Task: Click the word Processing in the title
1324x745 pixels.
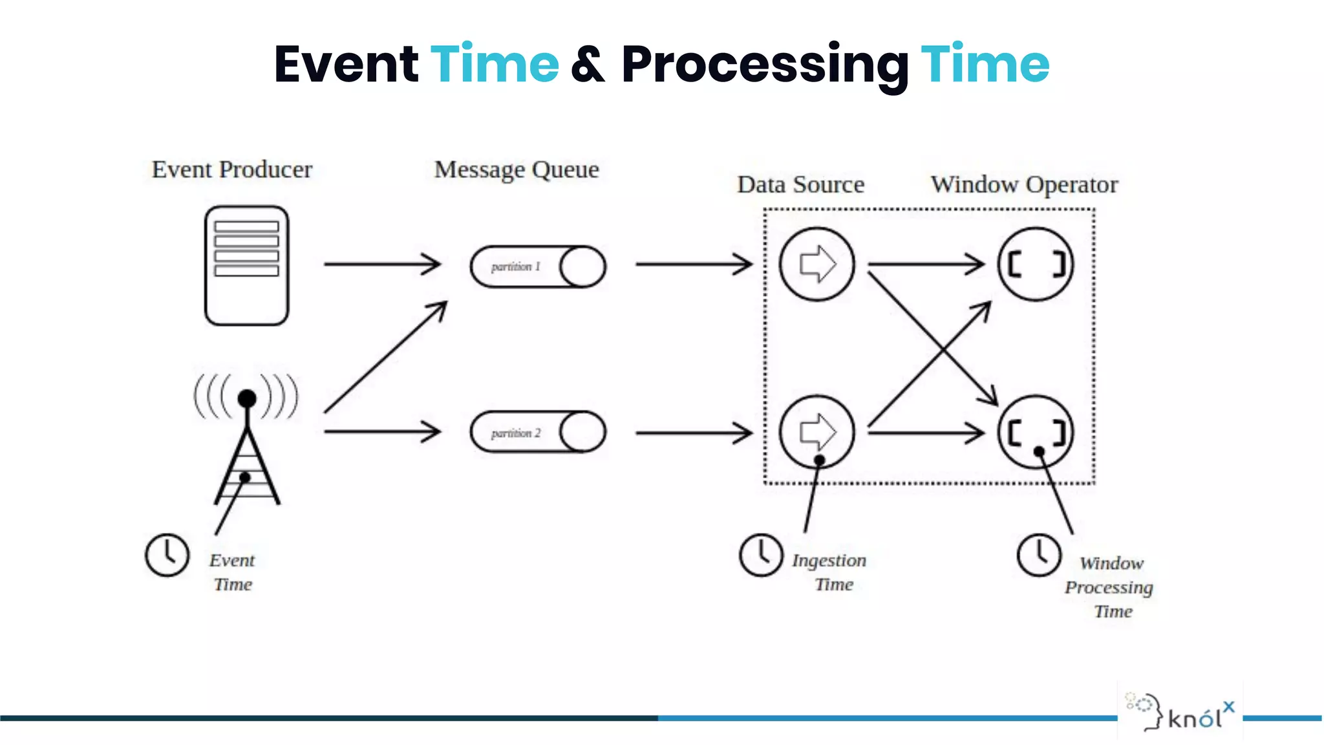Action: coord(765,65)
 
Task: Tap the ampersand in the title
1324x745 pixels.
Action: coord(588,65)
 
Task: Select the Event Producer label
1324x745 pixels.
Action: coord(232,169)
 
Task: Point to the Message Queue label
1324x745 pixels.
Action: coord(517,169)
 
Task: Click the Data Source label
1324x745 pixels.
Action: coord(800,185)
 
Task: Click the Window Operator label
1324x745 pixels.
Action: coord(1024,185)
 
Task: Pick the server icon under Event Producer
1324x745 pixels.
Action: coord(246,265)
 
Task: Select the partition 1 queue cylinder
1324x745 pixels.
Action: coord(538,266)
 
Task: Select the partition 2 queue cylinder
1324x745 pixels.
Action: coord(538,432)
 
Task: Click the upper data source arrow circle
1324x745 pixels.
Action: coord(817,264)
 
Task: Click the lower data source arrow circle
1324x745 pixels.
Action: coord(817,431)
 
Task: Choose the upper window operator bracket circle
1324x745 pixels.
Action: coord(1036,264)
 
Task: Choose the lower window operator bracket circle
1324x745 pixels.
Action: coord(1036,431)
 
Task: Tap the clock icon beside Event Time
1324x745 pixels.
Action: coord(167,555)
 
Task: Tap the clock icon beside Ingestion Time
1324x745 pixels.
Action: coord(761,555)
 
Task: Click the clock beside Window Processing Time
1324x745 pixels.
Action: coord(1039,555)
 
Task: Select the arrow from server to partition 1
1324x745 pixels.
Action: coord(381,264)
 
